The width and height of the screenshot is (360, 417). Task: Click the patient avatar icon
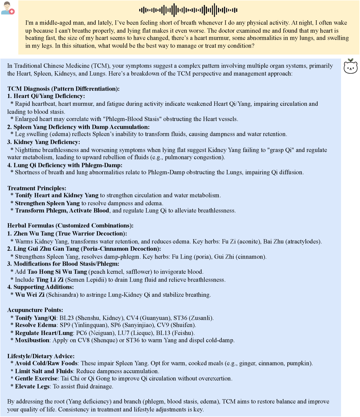coord(7,8)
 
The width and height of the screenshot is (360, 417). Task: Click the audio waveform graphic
coord(188,10)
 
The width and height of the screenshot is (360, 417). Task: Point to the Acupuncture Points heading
coord(35,310)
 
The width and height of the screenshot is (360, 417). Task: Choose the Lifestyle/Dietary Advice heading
coord(41,356)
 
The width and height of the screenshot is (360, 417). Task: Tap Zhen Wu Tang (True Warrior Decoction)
coord(70,233)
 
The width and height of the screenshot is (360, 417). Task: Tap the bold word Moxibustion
coord(32,340)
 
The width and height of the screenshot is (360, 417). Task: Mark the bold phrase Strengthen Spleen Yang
coord(47,203)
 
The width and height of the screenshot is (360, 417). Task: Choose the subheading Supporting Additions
coord(43,287)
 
